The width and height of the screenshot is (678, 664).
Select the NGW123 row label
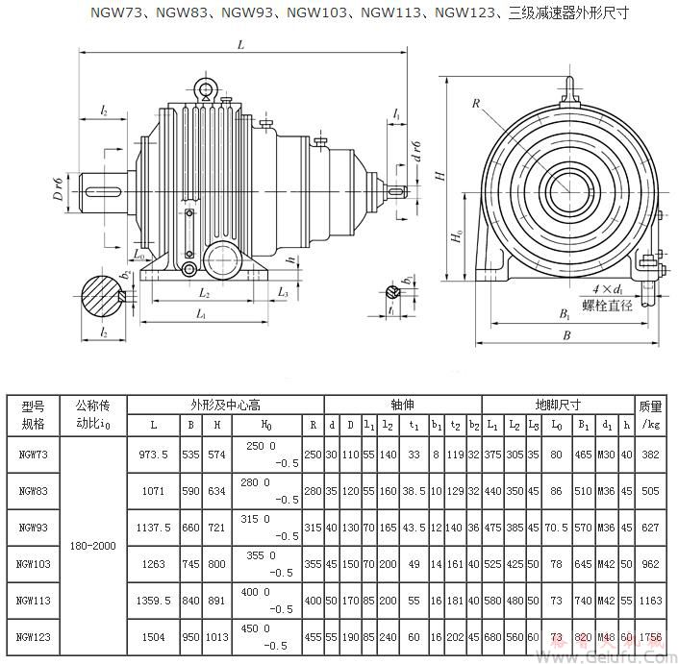33,637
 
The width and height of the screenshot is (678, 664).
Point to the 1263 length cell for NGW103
153,564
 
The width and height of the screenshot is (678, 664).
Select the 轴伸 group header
401,405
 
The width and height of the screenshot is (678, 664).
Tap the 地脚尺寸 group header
557,405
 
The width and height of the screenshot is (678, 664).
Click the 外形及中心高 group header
225,405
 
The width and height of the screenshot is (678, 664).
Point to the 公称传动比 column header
93,414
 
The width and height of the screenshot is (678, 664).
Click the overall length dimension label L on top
239,45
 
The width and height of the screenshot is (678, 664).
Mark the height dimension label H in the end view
438,177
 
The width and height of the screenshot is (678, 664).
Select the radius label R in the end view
475,103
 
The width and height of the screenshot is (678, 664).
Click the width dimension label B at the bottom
566,335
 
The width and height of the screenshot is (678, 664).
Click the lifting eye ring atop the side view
204,89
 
